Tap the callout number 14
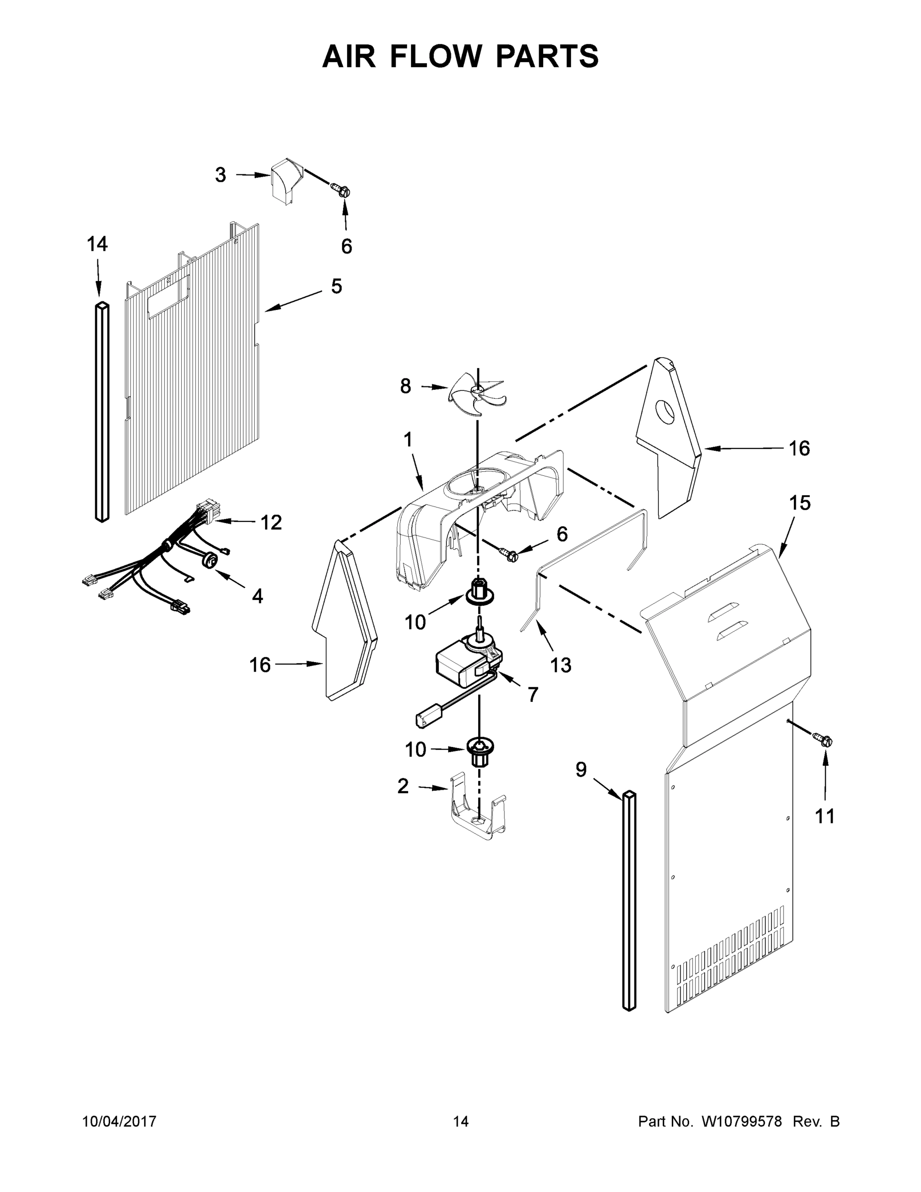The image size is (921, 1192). pyautogui.click(x=97, y=244)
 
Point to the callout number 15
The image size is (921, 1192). pyautogui.click(x=800, y=503)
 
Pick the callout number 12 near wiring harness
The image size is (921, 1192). pyautogui.click(x=271, y=522)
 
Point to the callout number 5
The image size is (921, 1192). pyautogui.click(x=336, y=286)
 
